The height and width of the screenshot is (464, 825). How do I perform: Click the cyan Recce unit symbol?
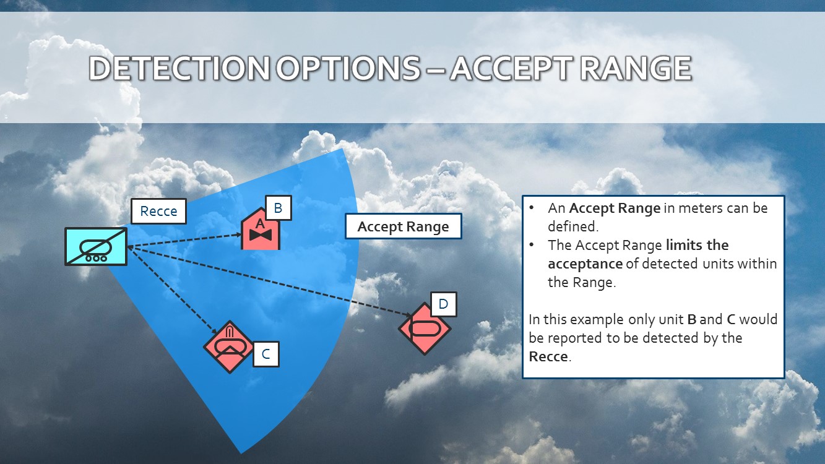coord(96,246)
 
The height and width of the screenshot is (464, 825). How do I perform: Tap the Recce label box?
coord(158,212)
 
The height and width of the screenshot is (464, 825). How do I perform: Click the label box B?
coord(278,208)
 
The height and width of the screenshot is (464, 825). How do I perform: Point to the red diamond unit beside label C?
coord(230,347)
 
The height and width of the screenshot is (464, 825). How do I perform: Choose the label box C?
coord(266,354)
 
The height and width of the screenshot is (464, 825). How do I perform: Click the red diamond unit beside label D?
coord(424,329)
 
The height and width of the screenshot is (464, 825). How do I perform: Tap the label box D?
coord(443,304)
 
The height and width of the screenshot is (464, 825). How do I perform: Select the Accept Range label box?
coord(403,226)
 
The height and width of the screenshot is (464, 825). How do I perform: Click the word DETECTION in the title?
coord(180,69)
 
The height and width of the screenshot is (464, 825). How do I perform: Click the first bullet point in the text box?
coord(532,208)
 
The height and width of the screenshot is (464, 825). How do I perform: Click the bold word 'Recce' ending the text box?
coord(548,356)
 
